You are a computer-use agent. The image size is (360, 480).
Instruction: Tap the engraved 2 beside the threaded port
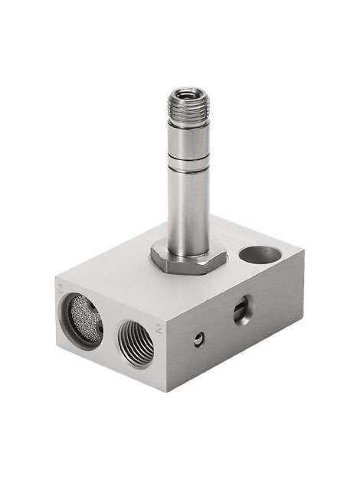(x=159, y=330)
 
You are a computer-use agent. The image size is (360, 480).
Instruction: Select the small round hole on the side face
(x=199, y=337)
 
